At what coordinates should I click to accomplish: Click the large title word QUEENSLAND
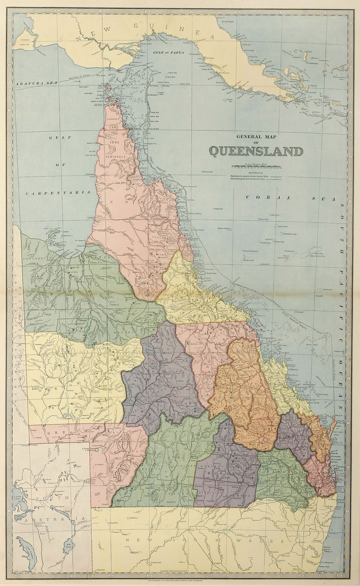tap(256, 151)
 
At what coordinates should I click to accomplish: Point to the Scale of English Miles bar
tap(256, 168)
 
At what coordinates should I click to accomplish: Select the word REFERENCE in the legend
tap(255, 172)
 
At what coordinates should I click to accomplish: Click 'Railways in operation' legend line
tap(255, 176)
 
